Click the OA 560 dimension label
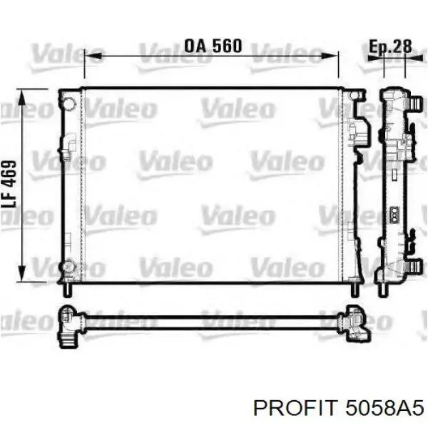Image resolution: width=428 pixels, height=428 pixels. coord(213,46)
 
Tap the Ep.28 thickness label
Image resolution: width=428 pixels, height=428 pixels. coord(390,46)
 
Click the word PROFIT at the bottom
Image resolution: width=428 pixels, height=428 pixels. coord(294,408)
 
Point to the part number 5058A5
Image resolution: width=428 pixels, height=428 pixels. coord(384,408)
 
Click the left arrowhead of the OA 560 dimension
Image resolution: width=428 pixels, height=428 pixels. coord(93,56)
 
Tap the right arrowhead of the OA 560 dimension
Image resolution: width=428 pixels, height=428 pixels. coord(330,56)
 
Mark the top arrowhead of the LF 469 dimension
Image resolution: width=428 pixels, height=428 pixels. coord(21,98)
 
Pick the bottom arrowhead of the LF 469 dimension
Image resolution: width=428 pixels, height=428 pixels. coord(21,272)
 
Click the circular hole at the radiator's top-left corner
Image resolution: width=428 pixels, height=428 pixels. coord(69,103)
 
